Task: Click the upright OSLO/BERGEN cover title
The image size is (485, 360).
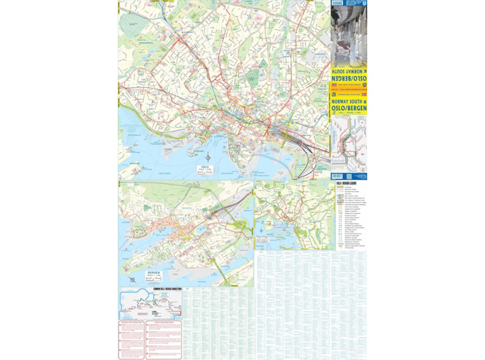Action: tap(349, 109)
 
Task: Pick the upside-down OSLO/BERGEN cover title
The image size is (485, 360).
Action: tap(349, 80)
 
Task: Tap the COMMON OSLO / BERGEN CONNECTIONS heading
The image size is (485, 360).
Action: tap(150, 289)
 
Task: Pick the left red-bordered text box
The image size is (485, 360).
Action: tap(132, 339)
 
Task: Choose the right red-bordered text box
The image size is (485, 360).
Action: tap(164, 339)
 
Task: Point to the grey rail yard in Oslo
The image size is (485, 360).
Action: tap(291, 138)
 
